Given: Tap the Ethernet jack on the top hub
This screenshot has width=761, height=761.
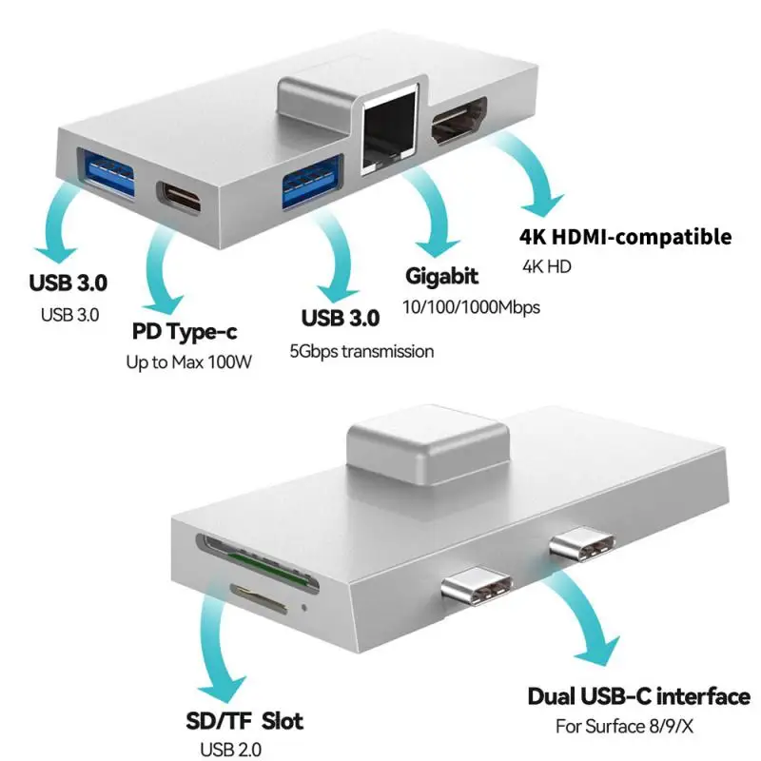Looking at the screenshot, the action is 390,138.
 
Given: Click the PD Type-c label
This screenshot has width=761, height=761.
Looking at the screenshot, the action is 183,333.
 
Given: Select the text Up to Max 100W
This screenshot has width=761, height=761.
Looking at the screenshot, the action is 189,362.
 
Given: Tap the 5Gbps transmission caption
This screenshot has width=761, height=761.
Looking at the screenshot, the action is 361,351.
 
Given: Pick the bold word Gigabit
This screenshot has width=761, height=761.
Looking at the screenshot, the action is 441,277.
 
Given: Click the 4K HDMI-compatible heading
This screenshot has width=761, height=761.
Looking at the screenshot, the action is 625,236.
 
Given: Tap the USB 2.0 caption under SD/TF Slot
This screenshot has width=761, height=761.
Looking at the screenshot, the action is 227,750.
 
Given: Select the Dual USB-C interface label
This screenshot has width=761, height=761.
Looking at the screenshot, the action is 638,696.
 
